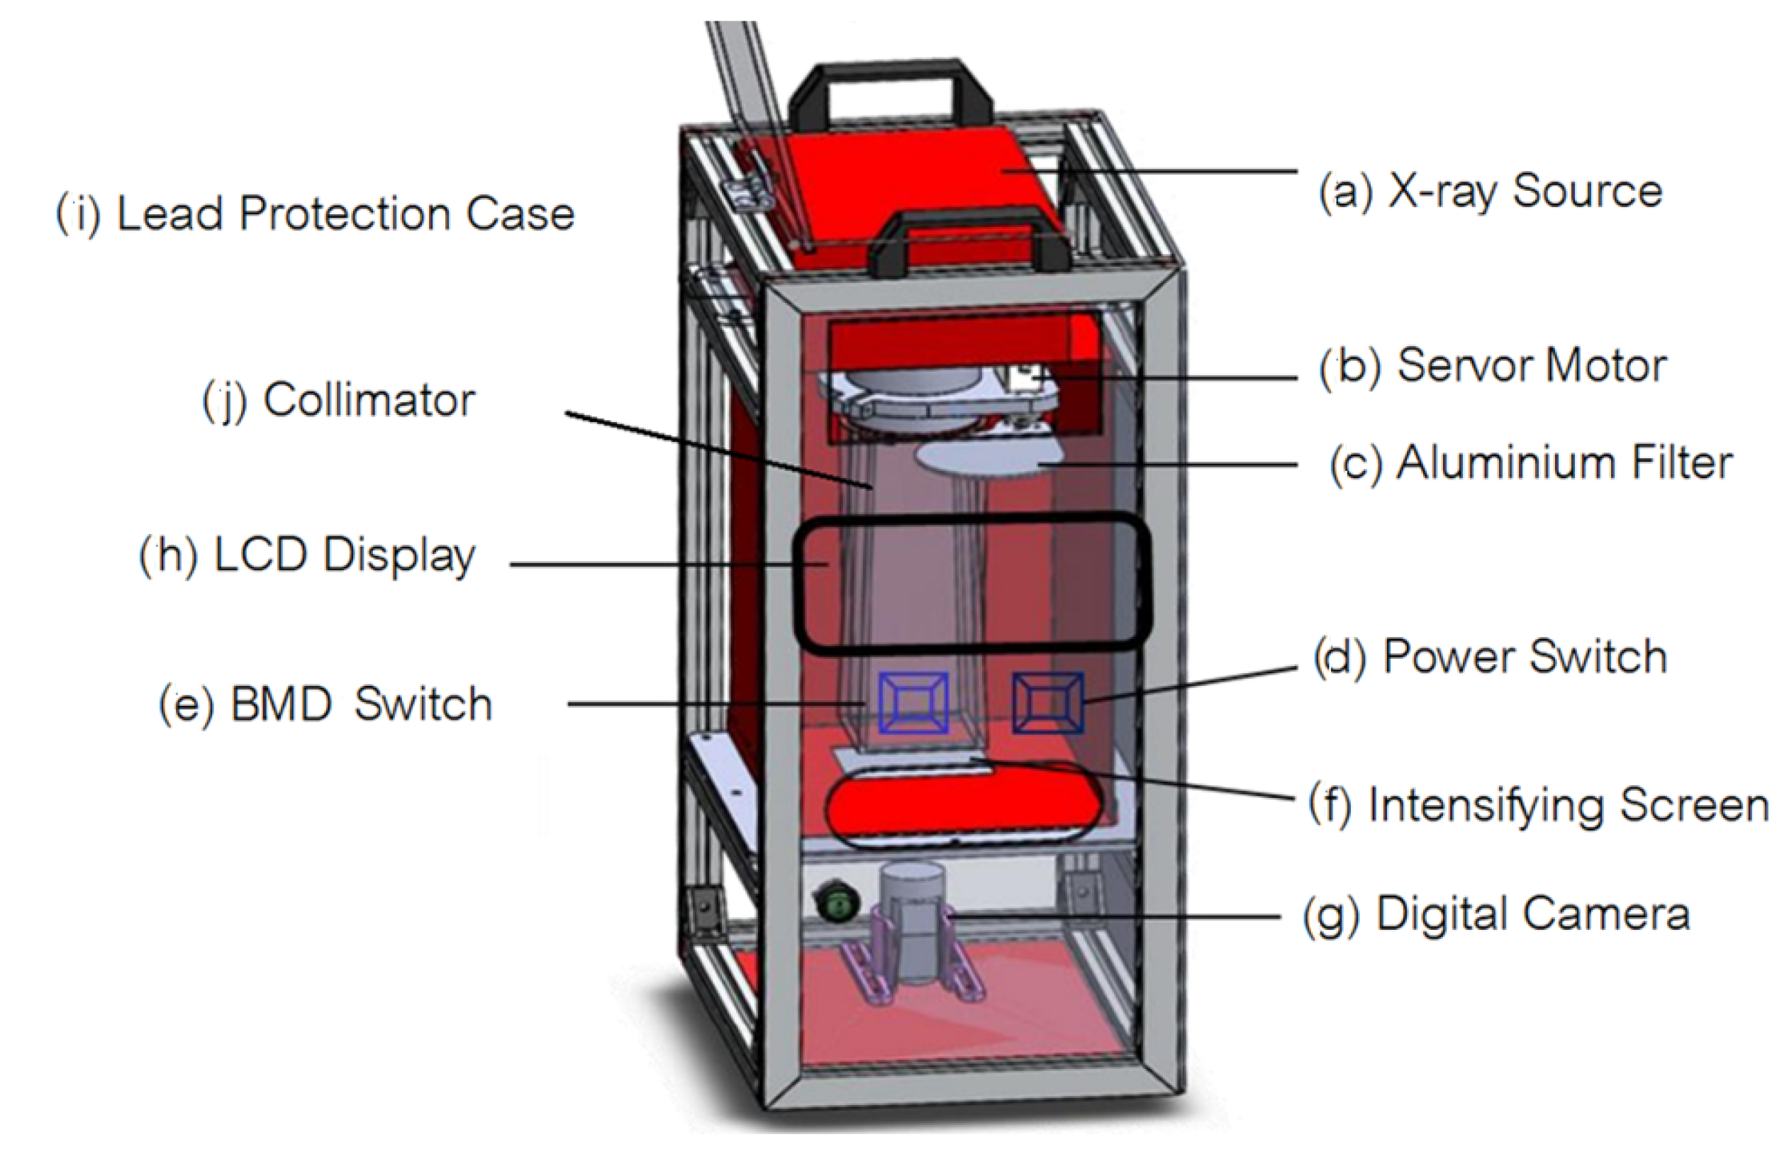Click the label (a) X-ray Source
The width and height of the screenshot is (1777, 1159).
tap(1491, 192)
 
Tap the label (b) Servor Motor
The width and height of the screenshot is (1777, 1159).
tap(1493, 367)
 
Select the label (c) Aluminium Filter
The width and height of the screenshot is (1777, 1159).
tap(1531, 463)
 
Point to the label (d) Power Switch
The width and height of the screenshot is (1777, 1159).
tap(1491, 657)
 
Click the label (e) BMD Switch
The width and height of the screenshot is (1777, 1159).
tap(325, 704)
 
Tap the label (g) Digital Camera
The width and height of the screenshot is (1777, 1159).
tap(1496, 914)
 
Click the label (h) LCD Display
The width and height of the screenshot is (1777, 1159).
tap(308, 556)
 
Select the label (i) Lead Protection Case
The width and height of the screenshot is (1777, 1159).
tap(315, 214)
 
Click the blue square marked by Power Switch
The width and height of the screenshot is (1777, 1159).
tap(1047, 702)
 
